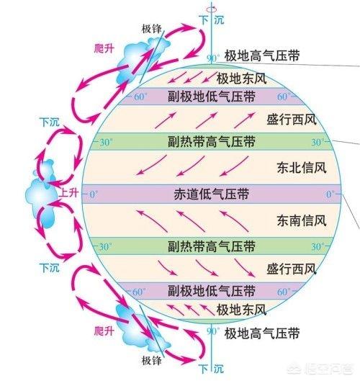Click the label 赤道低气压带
(212, 194)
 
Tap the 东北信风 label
(302, 168)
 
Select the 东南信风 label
(302, 220)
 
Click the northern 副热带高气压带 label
(212, 141)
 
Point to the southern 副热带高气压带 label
(212, 246)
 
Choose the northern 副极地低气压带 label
(212, 97)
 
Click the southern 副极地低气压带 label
(212, 291)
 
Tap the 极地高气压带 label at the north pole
(262, 55)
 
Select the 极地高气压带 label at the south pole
(262, 333)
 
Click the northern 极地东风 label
(241, 79)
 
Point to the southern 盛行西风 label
(292, 269)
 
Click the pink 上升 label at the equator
(69, 193)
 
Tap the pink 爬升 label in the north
(104, 48)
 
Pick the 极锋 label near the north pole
(152, 29)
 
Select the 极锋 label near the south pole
(152, 361)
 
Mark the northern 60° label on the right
(282, 97)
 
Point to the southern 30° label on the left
(105, 247)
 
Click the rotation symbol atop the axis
(212, 9)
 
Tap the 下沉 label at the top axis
(212, 19)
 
